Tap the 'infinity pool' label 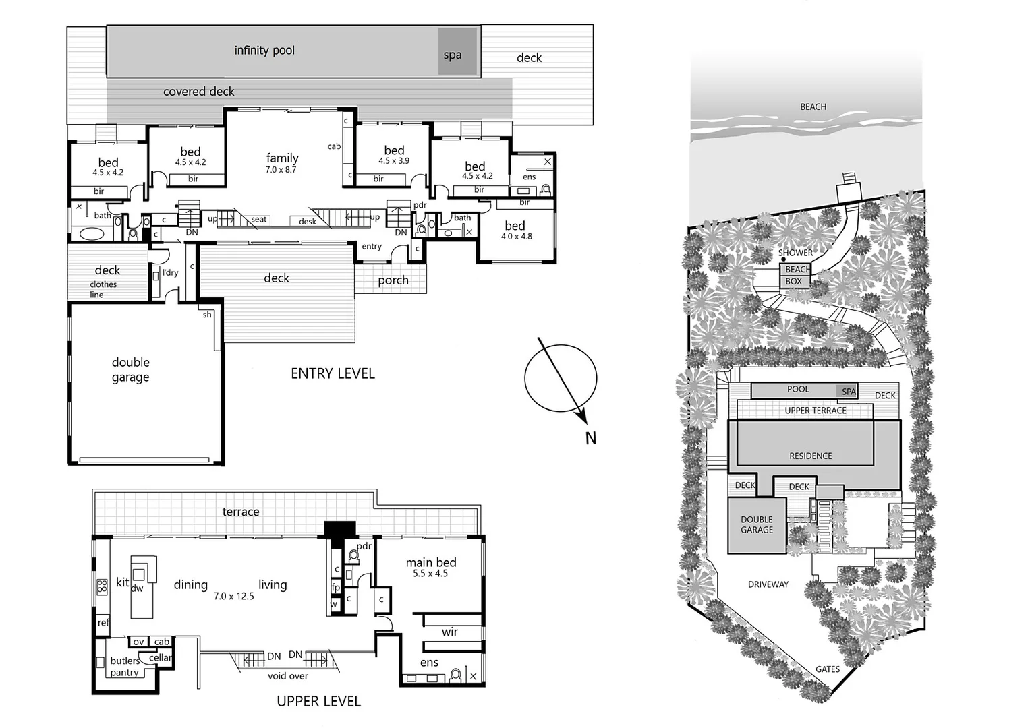tap(264, 51)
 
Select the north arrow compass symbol tap(561, 377)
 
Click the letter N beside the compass tap(591, 438)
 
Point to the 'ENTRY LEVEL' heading tap(333, 373)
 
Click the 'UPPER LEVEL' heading tap(318, 701)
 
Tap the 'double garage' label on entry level tap(131, 370)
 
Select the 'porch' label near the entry tap(393, 280)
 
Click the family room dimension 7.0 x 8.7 tap(281, 170)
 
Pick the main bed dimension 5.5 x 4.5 tap(430, 574)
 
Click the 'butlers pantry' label tap(125, 667)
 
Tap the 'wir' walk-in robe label tap(450, 632)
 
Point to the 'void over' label tap(288, 676)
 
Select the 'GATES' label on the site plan tap(827, 669)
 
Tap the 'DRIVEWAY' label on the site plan tap(768, 584)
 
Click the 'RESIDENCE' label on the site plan tap(810, 456)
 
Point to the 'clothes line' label tap(103, 289)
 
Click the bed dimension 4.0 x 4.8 tap(516, 237)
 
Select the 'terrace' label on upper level tap(241, 512)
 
